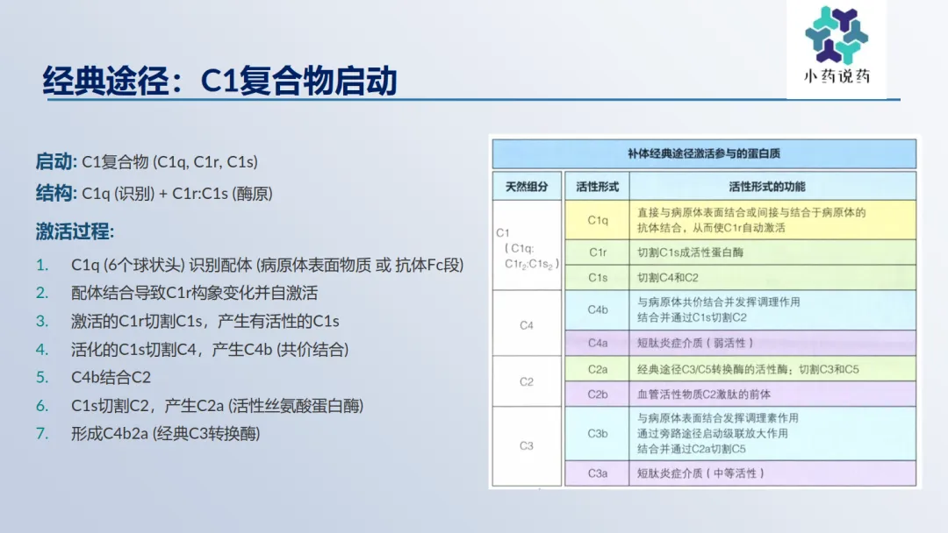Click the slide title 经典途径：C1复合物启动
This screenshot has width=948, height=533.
click(220, 81)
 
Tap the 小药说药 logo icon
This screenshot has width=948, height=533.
click(837, 35)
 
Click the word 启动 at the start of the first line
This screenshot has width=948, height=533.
click(54, 162)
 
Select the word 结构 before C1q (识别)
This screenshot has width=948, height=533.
click(54, 193)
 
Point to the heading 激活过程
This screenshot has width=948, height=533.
click(73, 231)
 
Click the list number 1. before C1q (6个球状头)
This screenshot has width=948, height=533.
click(42, 265)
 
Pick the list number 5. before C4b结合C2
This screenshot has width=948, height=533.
click(42, 377)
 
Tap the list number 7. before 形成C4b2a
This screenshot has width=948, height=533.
click(42, 433)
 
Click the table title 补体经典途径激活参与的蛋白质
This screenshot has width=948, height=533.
click(704, 154)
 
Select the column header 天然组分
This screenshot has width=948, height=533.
click(527, 187)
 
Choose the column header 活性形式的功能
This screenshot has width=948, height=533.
click(766, 187)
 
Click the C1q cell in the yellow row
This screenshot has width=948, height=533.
click(598, 220)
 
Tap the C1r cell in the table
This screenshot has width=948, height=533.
click(598, 252)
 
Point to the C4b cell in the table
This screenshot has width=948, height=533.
click(598, 309)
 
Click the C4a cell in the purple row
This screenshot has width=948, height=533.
click(598, 343)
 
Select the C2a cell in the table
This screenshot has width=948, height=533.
click(598, 369)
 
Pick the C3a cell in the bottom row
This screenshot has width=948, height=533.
click(598, 474)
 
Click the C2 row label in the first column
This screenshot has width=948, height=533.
click(527, 381)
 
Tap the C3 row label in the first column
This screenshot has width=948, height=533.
click(527, 446)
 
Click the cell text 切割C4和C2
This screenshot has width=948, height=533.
click(667, 278)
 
